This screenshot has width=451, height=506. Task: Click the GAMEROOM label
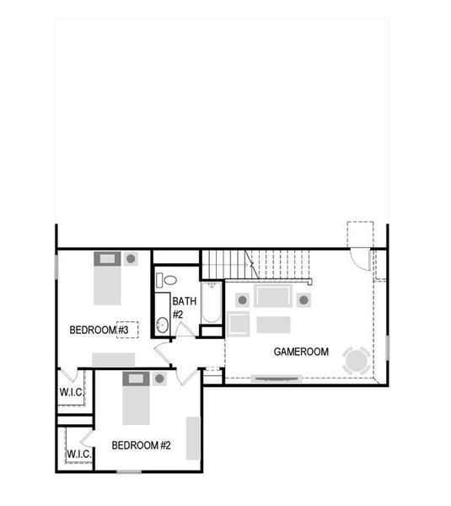[x=301, y=352]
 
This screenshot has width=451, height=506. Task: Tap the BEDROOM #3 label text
[x=99, y=330]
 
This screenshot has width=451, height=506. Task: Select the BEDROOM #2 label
[x=142, y=444]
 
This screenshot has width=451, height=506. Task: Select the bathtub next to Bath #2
[x=211, y=304]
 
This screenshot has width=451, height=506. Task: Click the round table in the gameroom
[x=356, y=361]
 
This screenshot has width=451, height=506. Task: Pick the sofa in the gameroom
[x=272, y=298]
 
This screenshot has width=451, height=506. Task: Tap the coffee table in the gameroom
[x=273, y=324]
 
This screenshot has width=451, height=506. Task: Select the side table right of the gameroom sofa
[x=303, y=299]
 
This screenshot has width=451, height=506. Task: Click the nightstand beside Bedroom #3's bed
[x=131, y=259]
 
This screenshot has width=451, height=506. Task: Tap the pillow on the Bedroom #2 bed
[x=135, y=379]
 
